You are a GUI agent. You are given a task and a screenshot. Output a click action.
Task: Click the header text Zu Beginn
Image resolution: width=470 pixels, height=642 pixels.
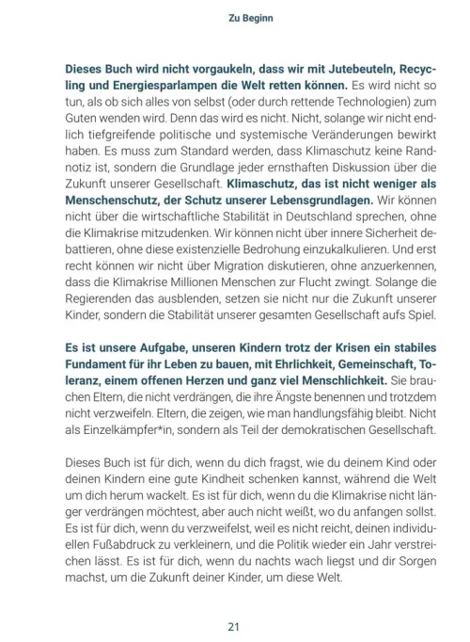pyautogui.click(x=235, y=17)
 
